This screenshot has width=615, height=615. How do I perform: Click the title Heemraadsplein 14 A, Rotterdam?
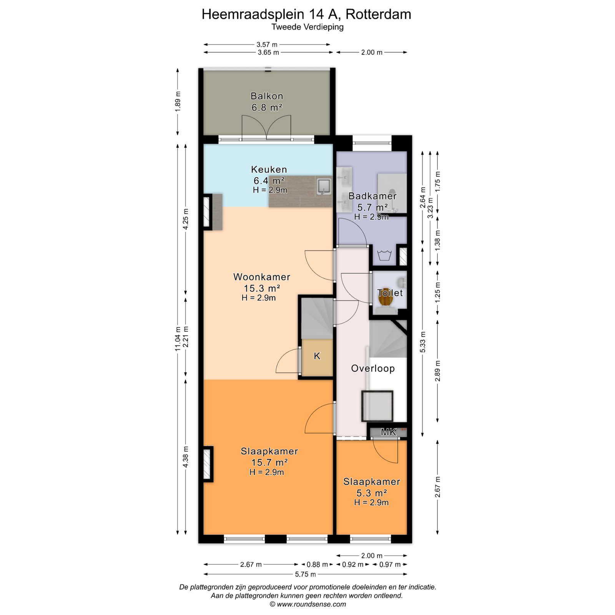[x=306, y=14]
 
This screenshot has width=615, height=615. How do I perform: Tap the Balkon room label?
[x=267, y=96]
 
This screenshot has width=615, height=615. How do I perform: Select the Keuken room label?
[x=269, y=170]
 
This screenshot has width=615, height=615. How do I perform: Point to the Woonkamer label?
[x=262, y=277]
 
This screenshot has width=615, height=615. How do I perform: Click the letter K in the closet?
[x=317, y=356]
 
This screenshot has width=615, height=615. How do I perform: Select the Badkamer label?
[x=372, y=196]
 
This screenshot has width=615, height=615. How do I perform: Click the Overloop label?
[x=373, y=369]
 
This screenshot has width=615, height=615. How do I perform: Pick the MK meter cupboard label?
[x=388, y=432]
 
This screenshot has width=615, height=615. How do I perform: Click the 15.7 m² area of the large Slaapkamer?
[x=269, y=462]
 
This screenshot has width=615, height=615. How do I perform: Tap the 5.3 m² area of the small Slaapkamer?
[x=371, y=493]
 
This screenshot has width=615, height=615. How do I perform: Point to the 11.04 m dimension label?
[x=178, y=339]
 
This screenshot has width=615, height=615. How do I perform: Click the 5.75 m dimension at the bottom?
[x=306, y=574]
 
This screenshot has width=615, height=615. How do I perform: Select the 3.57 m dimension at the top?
[x=267, y=45]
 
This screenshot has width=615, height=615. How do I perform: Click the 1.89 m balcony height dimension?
[x=178, y=101]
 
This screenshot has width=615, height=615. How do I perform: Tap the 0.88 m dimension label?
[x=317, y=564]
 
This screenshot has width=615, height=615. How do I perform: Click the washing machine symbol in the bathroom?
[x=384, y=255]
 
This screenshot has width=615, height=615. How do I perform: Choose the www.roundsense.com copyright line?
[x=307, y=604]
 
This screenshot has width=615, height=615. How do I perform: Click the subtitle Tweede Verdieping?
[x=307, y=27]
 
